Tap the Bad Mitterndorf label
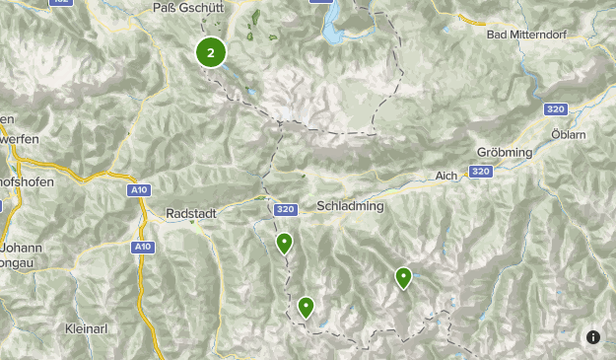click(530, 35)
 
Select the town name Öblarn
click(570, 131)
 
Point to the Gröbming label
click(504, 153)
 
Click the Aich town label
click(447, 176)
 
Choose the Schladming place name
click(350, 207)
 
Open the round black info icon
click(593, 337)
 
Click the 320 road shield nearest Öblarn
click(555, 109)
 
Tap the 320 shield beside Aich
click(480, 172)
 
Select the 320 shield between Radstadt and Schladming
click(286, 209)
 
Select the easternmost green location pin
click(403, 278)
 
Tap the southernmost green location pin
click(306, 308)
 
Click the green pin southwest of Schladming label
click(284, 243)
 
